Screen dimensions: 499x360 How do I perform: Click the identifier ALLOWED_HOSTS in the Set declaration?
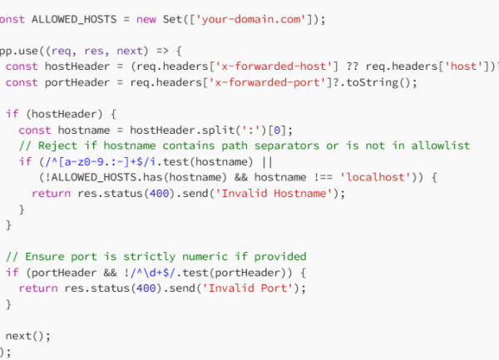pos(74,19)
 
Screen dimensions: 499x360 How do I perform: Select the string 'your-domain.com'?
pos(251,19)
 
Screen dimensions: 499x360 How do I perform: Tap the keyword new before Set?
pos(146,19)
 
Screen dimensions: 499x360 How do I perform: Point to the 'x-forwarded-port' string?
pos(267,82)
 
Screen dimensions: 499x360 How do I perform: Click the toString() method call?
pos(378,82)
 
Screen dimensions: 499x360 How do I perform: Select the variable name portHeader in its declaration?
pos(77,82)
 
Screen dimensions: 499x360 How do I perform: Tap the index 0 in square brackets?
pos(277,131)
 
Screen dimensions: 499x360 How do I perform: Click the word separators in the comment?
pos(287,146)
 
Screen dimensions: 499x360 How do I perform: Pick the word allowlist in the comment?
pos(441,145)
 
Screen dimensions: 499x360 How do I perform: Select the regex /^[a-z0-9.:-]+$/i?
pos(101,162)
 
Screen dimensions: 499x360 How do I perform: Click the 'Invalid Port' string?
pos(248,288)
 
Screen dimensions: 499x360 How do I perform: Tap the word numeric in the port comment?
pos(205,257)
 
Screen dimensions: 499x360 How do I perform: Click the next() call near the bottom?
pos(27,336)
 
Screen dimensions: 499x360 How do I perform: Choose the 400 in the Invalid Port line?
pos(146,288)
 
